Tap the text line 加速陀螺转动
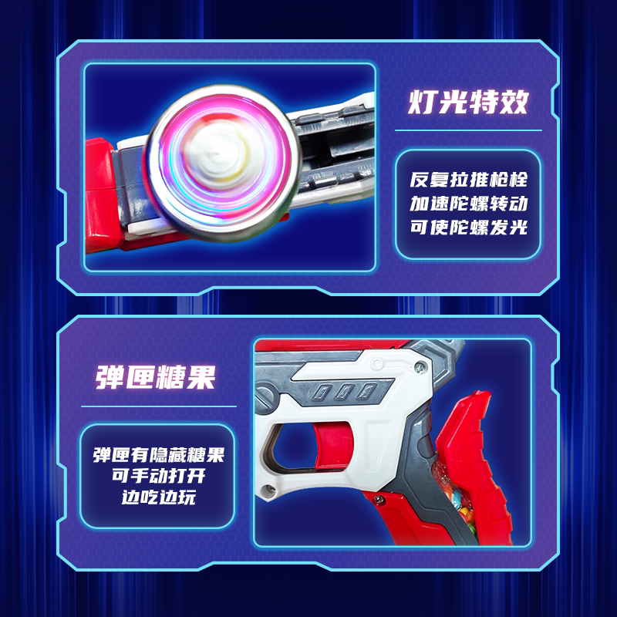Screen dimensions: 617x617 [468, 205]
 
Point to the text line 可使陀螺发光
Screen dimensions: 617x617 [468, 228]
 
